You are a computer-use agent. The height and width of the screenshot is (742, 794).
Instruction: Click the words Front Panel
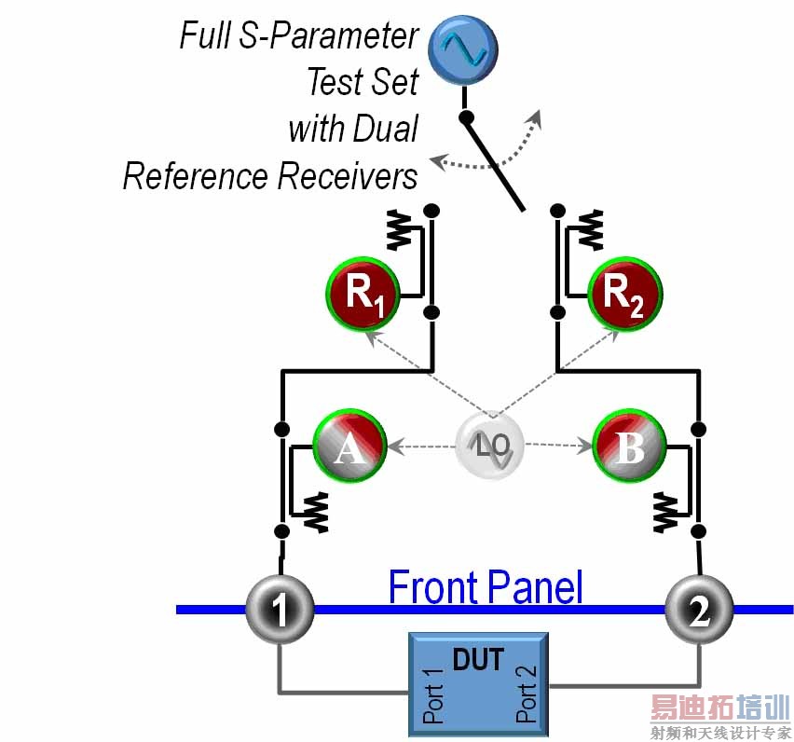(x=485, y=587)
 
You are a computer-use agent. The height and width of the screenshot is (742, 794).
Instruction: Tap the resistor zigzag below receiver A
(x=318, y=512)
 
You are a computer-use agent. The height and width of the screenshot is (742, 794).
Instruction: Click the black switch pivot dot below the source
(x=467, y=118)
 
